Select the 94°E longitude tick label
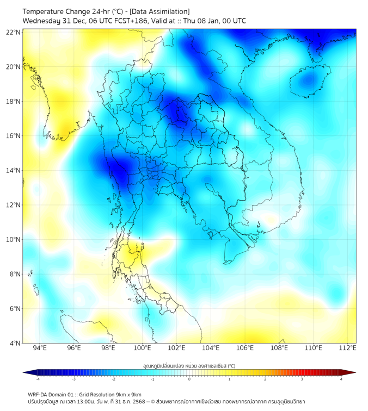(x=40, y=348)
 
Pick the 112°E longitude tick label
(x=347, y=348)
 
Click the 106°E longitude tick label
(x=245, y=348)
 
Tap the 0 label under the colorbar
(x=189, y=379)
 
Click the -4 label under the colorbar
(x=37, y=379)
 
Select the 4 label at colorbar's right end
(x=341, y=379)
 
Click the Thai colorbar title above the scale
(x=189, y=365)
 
